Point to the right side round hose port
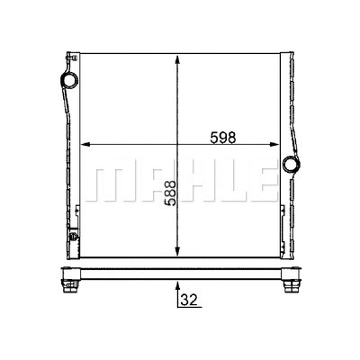292,166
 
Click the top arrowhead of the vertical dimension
182,59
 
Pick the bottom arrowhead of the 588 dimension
182,251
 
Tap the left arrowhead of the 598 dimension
86,145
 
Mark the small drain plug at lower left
70,239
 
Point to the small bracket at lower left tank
76,213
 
